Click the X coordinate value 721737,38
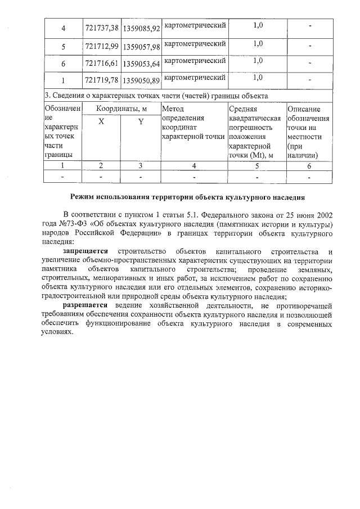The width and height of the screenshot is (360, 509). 102,27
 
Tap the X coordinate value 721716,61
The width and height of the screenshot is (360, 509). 102,64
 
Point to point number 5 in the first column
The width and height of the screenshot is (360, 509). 63,46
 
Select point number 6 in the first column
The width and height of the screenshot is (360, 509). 63,64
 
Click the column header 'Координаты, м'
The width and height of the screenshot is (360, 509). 121,109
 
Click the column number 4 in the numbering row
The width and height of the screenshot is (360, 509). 194,165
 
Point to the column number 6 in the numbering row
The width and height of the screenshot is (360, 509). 309,165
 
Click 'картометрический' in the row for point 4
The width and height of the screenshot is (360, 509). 194,26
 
